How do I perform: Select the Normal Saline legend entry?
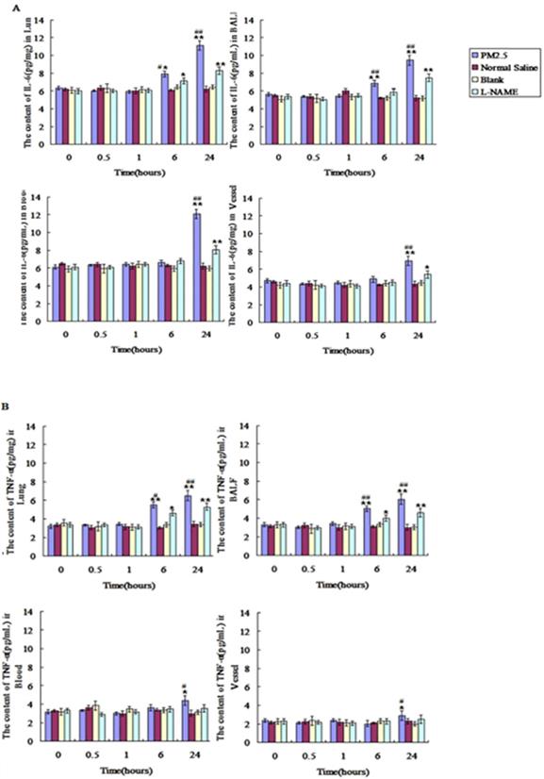[501, 72]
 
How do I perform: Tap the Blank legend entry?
[488, 85]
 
